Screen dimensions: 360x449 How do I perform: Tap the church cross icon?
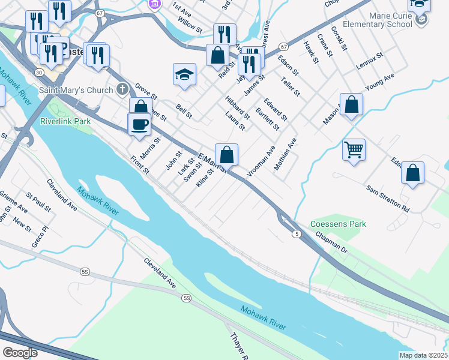[122, 91]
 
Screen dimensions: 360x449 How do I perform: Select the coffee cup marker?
[139, 124]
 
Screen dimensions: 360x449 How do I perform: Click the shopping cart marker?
[354, 149]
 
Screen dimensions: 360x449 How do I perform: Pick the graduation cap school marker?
[185, 74]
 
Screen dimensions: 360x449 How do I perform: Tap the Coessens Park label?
[338, 224]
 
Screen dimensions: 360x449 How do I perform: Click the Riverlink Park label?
[65, 121]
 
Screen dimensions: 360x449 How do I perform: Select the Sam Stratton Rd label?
[388, 199]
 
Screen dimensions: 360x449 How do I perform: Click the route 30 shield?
[39, 73]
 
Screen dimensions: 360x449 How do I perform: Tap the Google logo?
[20, 353]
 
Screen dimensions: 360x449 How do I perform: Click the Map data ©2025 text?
[423, 355]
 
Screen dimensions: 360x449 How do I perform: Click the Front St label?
[139, 163]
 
